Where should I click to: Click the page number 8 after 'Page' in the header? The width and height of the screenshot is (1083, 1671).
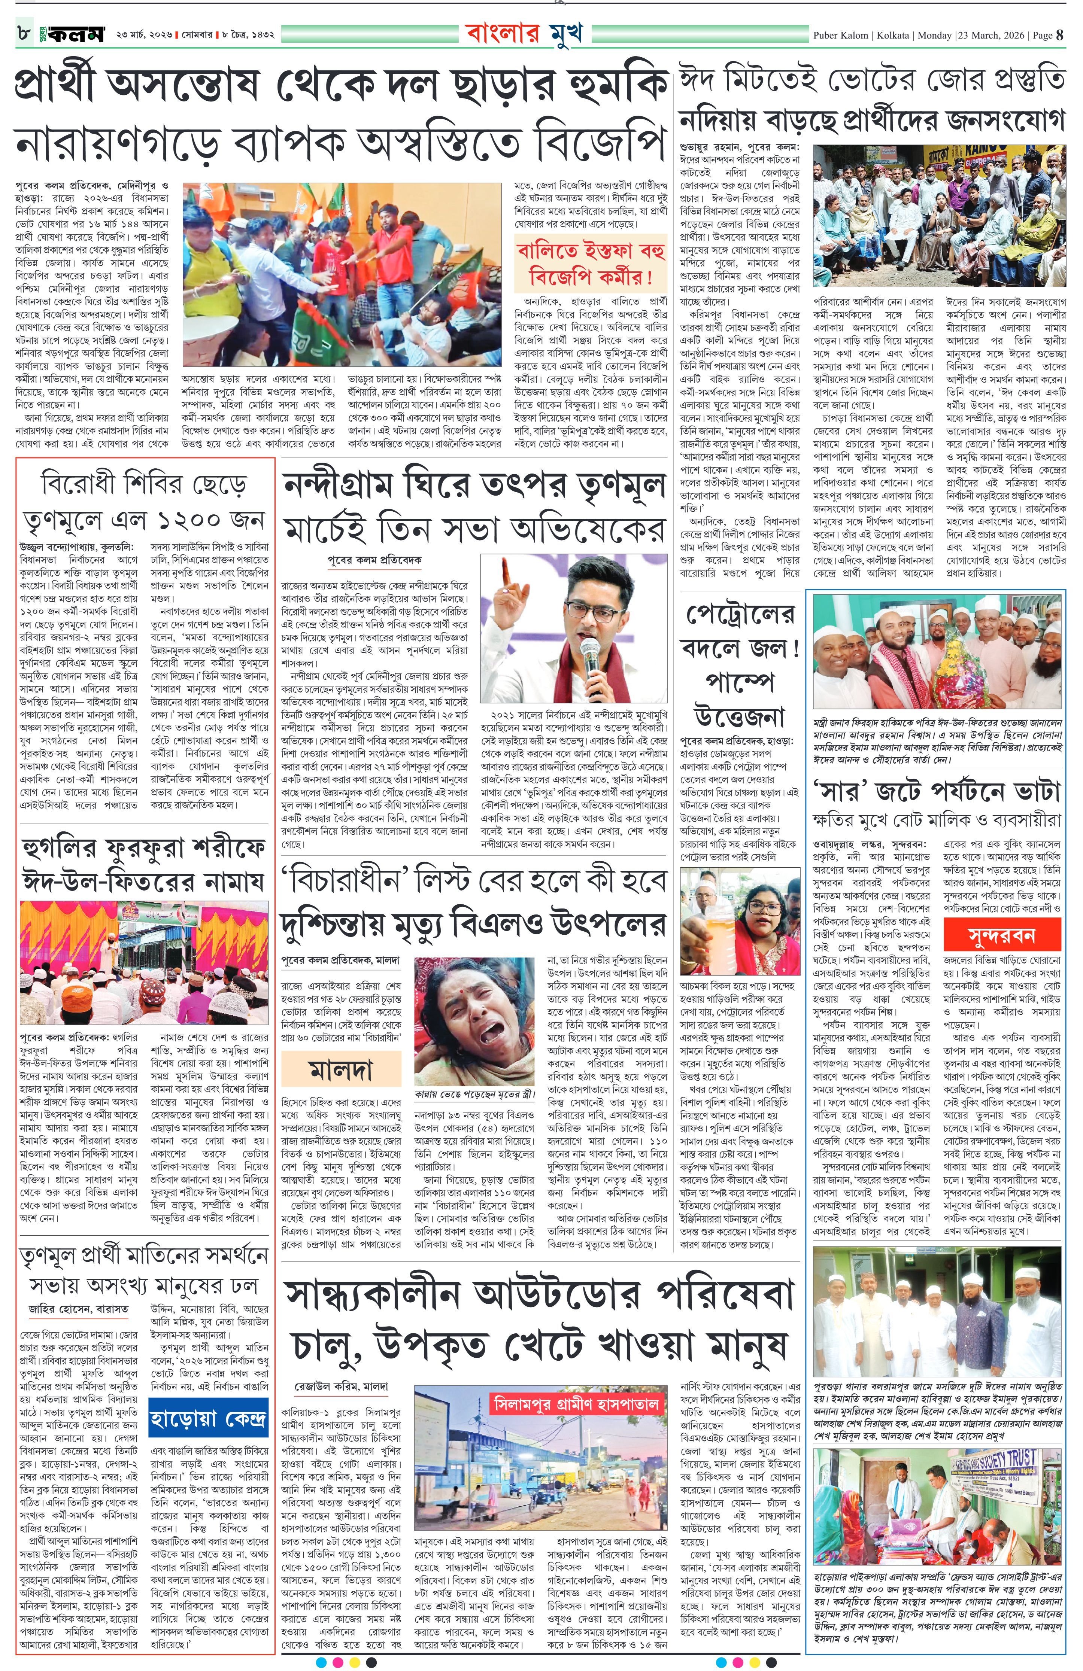[1059, 34]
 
